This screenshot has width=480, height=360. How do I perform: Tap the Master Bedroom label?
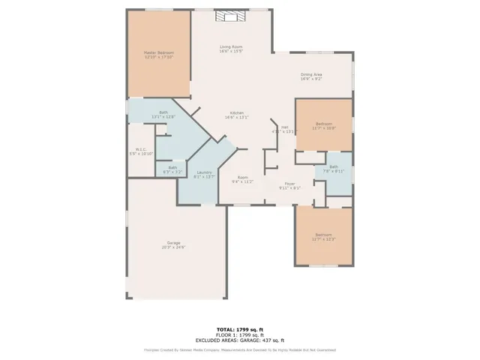coord(158,52)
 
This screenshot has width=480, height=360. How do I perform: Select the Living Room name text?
coord(231,47)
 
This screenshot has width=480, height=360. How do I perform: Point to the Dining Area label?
coord(311,74)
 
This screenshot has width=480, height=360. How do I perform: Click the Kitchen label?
coord(237,112)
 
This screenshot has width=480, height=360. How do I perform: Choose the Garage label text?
coord(172,242)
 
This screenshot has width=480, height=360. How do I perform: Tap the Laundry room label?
coord(204,172)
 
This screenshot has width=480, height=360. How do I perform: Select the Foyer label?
coord(290,184)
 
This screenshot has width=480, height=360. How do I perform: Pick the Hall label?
coord(285,127)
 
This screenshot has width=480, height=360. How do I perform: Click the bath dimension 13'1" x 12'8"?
coord(163,117)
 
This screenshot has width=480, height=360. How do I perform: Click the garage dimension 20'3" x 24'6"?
coord(172,247)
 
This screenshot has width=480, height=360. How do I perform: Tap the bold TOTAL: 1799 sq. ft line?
coord(239,329)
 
